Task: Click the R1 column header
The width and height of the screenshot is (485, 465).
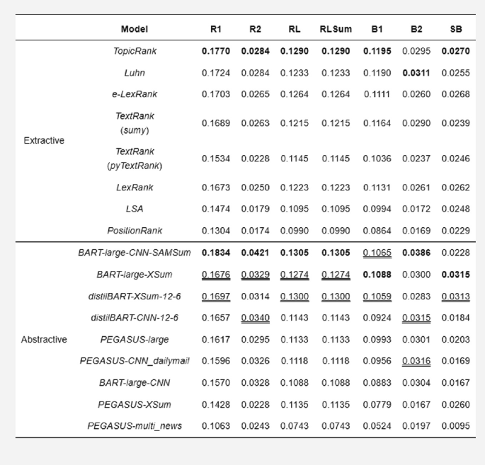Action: pos(215,29)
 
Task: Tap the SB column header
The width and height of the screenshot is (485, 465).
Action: pos(456,29)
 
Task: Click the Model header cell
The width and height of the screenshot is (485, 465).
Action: pos(135,29)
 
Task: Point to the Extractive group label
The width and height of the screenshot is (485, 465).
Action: pos(44,140)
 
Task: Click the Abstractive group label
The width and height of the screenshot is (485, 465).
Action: pos(44,340)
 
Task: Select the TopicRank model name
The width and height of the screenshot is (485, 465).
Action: pos(135,51)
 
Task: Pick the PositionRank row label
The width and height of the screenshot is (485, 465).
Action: pos(135,230)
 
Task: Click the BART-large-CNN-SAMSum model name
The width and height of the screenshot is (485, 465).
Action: pos(135,253)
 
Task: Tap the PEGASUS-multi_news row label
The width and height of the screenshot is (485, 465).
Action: pos(135,426)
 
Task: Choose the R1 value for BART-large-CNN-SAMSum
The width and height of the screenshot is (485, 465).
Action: pos(215,253)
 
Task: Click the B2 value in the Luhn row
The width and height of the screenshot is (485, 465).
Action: pos(416,72)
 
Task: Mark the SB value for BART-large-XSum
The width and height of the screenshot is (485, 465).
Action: pos(456,275)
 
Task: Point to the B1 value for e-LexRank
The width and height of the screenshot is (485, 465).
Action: pos(377,93)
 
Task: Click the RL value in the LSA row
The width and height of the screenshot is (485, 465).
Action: pos(295,209)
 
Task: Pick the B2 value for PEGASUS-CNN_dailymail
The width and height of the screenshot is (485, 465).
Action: pos(416,361)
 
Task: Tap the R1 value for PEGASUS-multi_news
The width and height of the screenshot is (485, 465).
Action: pos(215,426)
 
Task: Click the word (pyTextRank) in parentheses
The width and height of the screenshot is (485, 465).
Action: pos(135,166)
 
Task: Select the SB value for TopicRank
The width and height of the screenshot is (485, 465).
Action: pos(456,51)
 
